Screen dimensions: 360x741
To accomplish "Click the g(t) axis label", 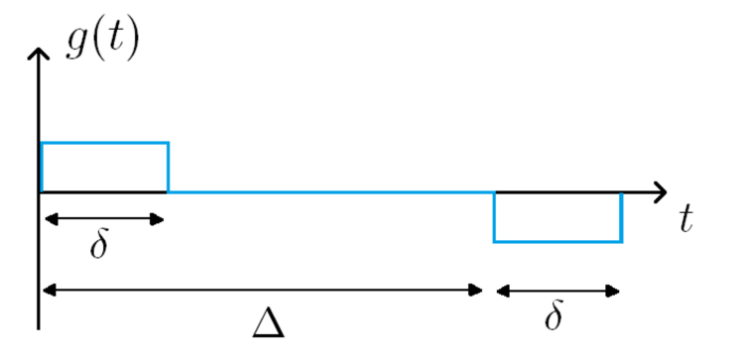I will coord(102,41).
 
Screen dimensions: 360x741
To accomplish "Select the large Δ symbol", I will coord(268,321).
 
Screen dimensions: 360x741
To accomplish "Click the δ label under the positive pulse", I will coord(98,245).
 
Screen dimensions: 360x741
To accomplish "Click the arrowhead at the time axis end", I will coord(659,191).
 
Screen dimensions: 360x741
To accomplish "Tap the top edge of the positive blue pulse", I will coord(104,144).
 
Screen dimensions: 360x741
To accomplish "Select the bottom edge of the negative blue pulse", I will coord(557,241).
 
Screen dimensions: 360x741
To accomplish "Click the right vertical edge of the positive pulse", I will coord(168,167).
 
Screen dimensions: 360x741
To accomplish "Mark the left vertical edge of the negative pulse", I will coord(494,216).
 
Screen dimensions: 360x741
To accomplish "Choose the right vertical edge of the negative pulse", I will coord(621,216).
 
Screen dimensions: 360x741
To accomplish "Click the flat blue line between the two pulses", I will coord(327,191).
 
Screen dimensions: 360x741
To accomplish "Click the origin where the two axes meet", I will coord(40,191).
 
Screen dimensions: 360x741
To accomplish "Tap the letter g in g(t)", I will coord(75,44).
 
